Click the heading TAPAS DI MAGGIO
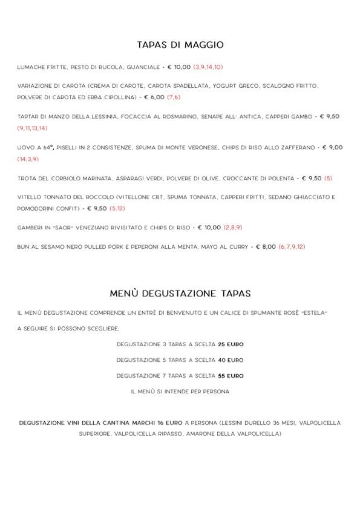180,45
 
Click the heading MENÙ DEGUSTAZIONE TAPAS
180,293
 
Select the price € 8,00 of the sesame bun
266,247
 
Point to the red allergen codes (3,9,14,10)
208,67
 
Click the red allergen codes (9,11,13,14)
32,128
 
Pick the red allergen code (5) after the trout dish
329,179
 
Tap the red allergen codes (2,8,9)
233,228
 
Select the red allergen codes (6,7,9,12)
292,247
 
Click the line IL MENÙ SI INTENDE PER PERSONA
180,392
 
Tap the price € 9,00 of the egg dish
332,147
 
